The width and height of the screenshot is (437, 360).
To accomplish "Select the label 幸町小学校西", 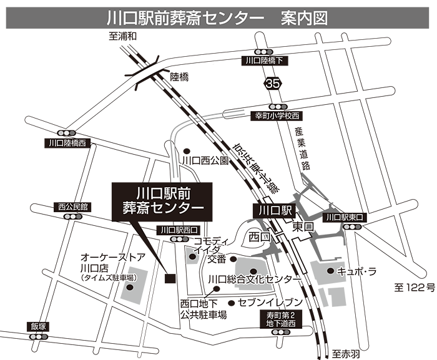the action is (x=277, y=116).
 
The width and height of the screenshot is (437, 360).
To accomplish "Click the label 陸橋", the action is (x=179, y=77).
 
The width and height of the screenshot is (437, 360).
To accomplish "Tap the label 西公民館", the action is (x=73, y=205).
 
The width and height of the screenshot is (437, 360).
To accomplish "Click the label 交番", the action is (x=217, y=258).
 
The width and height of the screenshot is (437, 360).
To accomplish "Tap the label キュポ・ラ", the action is (x=354, y=271).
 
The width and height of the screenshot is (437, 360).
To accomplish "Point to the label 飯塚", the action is (x=38, y=326).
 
